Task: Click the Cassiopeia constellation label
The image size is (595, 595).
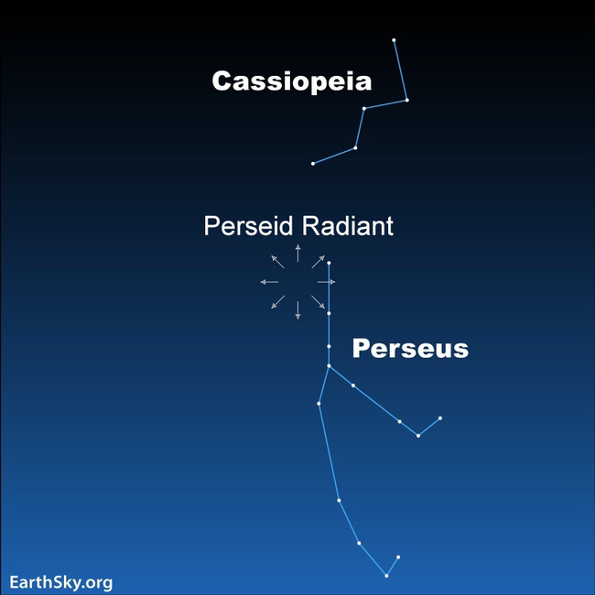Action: (x=291, y=81)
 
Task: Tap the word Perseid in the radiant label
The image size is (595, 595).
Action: (x=247, y=226)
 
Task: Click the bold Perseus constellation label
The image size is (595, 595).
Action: (x=410, y=349)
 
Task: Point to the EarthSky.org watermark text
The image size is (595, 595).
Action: (x=61, y=582)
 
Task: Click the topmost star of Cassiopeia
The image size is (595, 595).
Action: (x=394, y=40)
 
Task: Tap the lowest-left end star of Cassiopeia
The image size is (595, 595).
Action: (x=313, y=164)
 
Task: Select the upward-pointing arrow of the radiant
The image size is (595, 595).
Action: (x=297, y=253)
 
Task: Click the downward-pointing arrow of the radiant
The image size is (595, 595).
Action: (x=297, y=310)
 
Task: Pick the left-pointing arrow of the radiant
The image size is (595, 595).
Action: (x=268, y=282)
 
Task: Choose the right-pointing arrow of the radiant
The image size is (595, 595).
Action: (x=327, y=282)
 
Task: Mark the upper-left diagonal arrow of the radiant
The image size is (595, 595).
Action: (x=277, y=261)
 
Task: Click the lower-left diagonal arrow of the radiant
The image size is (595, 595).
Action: (x=277, y=302)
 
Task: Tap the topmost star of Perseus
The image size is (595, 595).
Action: (x=329, y=264)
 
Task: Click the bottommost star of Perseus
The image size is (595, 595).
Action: (x=386, y=576)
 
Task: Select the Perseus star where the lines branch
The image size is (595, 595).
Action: (x=329, y=365)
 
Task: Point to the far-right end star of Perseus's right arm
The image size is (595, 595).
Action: (x=440, y=418)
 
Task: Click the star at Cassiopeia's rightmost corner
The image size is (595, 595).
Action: (x=406, y=100)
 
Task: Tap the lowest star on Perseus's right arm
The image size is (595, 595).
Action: (x=418, y=436)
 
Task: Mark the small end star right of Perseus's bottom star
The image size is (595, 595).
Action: (x=398, y=557)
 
